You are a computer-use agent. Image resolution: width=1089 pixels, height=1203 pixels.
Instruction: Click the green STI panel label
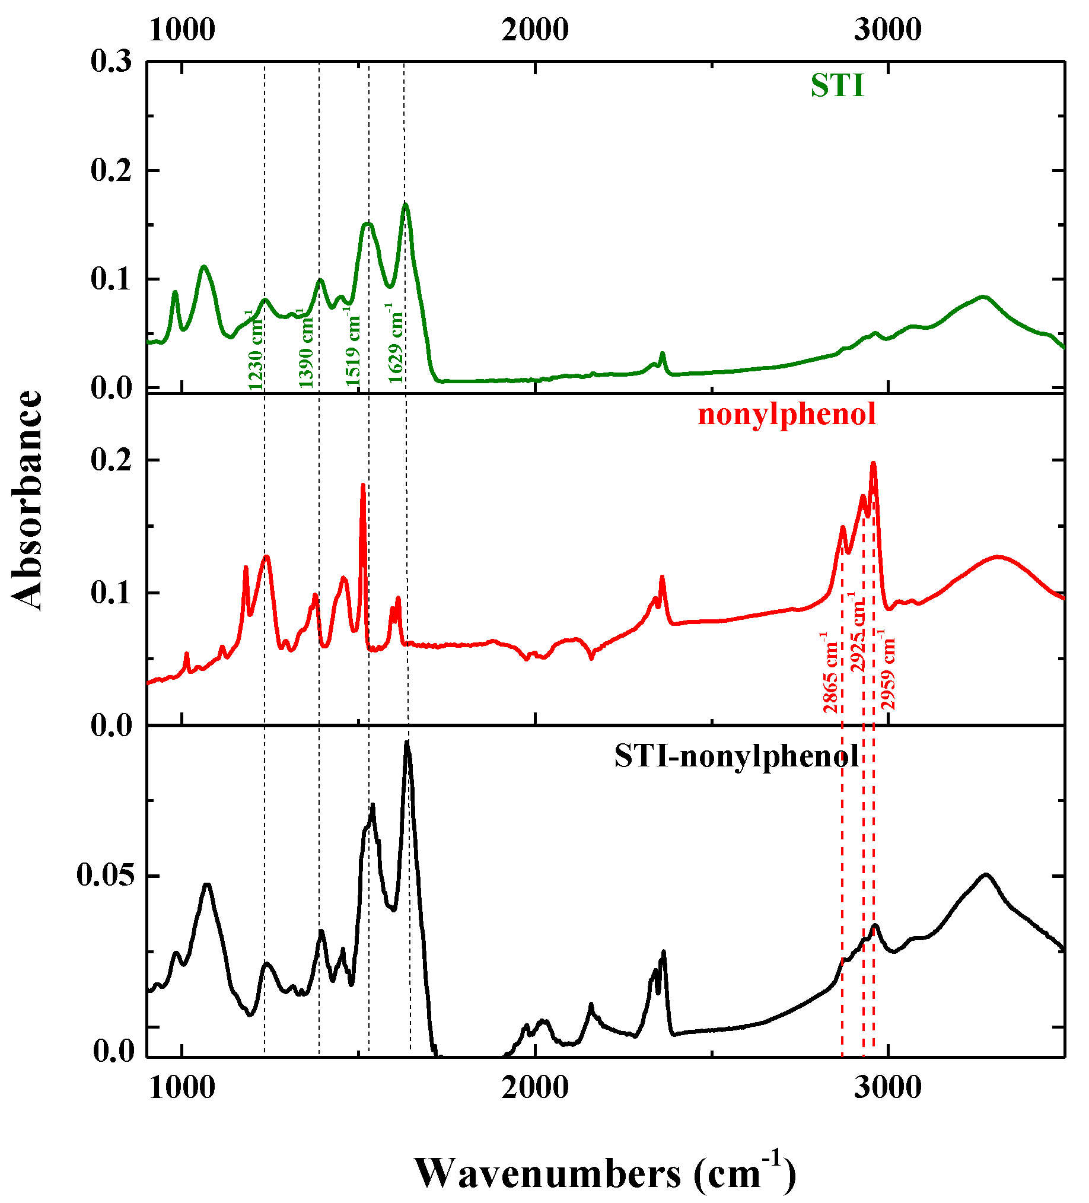point(836,85)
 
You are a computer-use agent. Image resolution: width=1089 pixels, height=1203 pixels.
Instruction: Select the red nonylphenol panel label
point(786,413)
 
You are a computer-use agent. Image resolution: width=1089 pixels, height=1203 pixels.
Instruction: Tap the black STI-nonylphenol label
point(736,756)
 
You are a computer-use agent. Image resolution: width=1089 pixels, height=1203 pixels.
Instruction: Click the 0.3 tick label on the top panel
point(111,61)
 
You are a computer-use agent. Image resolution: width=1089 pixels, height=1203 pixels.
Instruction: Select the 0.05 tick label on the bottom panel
point(105,876)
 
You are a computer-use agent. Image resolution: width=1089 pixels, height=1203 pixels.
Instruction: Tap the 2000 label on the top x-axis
point(534,30)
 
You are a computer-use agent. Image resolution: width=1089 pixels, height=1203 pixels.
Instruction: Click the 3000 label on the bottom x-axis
point(887,1087)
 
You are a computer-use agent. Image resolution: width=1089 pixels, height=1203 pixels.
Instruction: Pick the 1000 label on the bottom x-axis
point(182,1087)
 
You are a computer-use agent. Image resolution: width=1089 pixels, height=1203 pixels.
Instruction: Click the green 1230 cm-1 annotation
point(255,349)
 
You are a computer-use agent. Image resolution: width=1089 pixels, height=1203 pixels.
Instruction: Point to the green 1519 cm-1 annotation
point(354,346)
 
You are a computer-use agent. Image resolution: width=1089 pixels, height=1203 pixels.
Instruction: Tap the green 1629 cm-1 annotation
point(395,343)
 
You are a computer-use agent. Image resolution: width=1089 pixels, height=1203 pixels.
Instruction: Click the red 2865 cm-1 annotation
point(830,673)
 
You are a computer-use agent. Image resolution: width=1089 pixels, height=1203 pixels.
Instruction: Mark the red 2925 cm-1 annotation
point(858,632)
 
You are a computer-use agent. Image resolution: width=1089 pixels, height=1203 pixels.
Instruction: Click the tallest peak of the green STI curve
point(406,205)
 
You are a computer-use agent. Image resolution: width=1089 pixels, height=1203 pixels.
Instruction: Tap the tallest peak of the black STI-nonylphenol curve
point(407,742)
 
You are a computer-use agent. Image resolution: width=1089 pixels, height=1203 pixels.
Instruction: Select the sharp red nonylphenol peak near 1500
point(362,486)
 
